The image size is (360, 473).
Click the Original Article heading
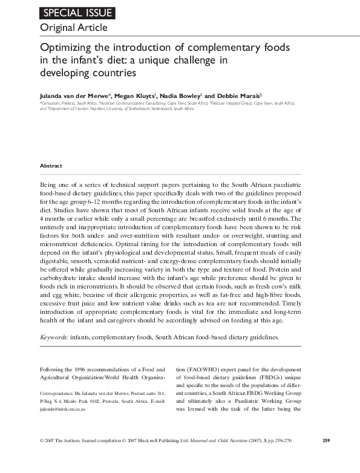[x=73, y=28]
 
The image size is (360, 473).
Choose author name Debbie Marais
[x=240, y=95]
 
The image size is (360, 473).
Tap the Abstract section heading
[x=51, y=165]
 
